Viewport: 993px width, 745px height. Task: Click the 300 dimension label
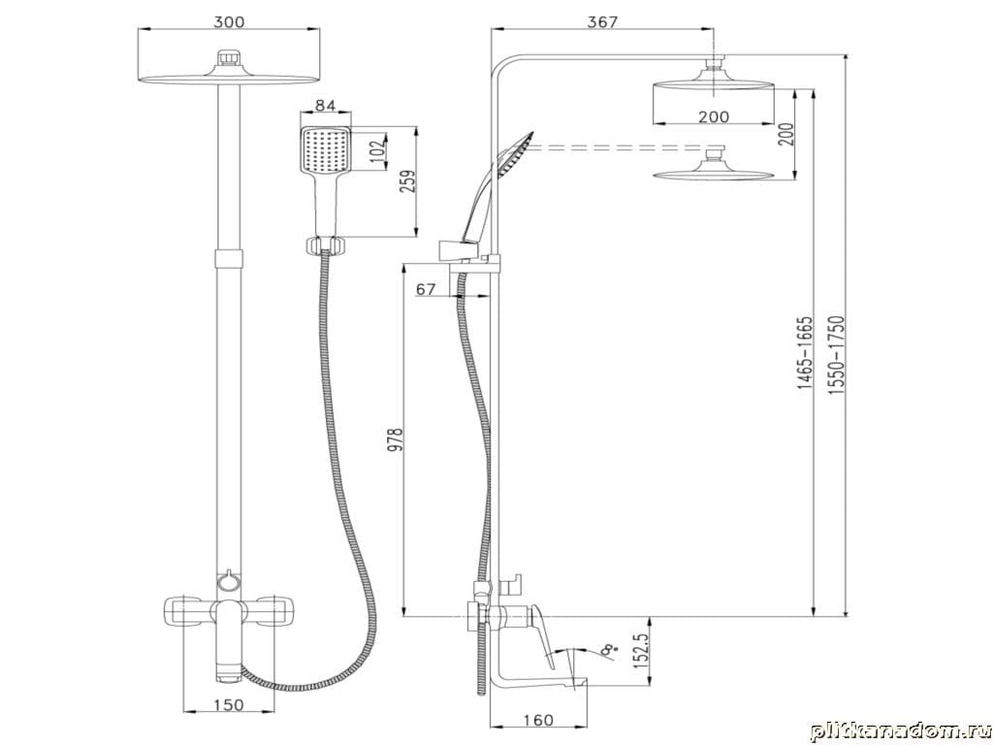click(229, 21)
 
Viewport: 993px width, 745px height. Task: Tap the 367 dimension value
click(601, 21)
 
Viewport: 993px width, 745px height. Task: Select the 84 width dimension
click(325, 105)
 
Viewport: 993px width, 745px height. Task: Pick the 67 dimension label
click(427, 289)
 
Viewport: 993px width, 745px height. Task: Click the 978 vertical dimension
click(396, 439)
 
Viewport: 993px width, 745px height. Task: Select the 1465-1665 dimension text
click(804, 352)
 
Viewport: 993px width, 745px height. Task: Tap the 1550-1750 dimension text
click(837, 355)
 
